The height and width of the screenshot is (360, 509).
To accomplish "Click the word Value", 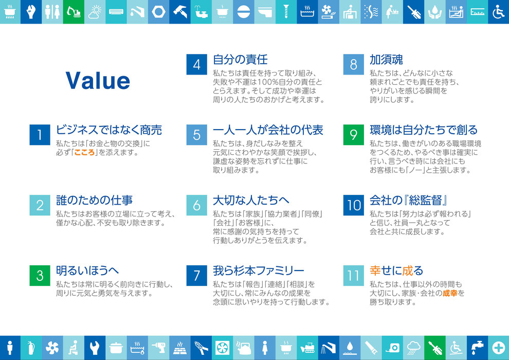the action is coord(98,81).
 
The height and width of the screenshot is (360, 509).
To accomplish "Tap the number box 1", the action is coord(40,135).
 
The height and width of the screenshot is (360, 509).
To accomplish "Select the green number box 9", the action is coord(354,135).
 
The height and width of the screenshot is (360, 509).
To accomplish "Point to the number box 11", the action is coord(354,276).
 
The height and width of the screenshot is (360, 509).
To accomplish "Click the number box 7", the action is coord(197,276).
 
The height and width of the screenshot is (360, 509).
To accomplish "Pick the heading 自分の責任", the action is coord(240,60).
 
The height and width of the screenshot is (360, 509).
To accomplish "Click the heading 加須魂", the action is coord(386,60).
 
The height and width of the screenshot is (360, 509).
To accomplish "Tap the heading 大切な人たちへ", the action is coord(251,200).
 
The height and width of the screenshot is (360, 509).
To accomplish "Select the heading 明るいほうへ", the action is coord(87,271).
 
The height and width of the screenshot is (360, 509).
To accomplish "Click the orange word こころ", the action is coord(85,152).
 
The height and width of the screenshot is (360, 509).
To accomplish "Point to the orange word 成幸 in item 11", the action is coord(450,293).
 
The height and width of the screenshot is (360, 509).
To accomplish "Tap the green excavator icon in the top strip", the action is coord(74,12).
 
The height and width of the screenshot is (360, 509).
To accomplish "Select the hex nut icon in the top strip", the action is coord(158,12).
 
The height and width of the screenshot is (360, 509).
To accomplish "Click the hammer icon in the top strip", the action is coord(180,12).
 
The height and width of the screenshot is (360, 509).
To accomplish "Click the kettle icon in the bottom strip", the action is coord(244,348).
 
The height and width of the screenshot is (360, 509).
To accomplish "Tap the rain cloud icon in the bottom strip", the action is coord(413,348).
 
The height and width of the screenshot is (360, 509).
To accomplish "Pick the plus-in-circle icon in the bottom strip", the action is coord(498,348).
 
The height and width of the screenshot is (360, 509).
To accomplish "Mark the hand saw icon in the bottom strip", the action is coord(371,348).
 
